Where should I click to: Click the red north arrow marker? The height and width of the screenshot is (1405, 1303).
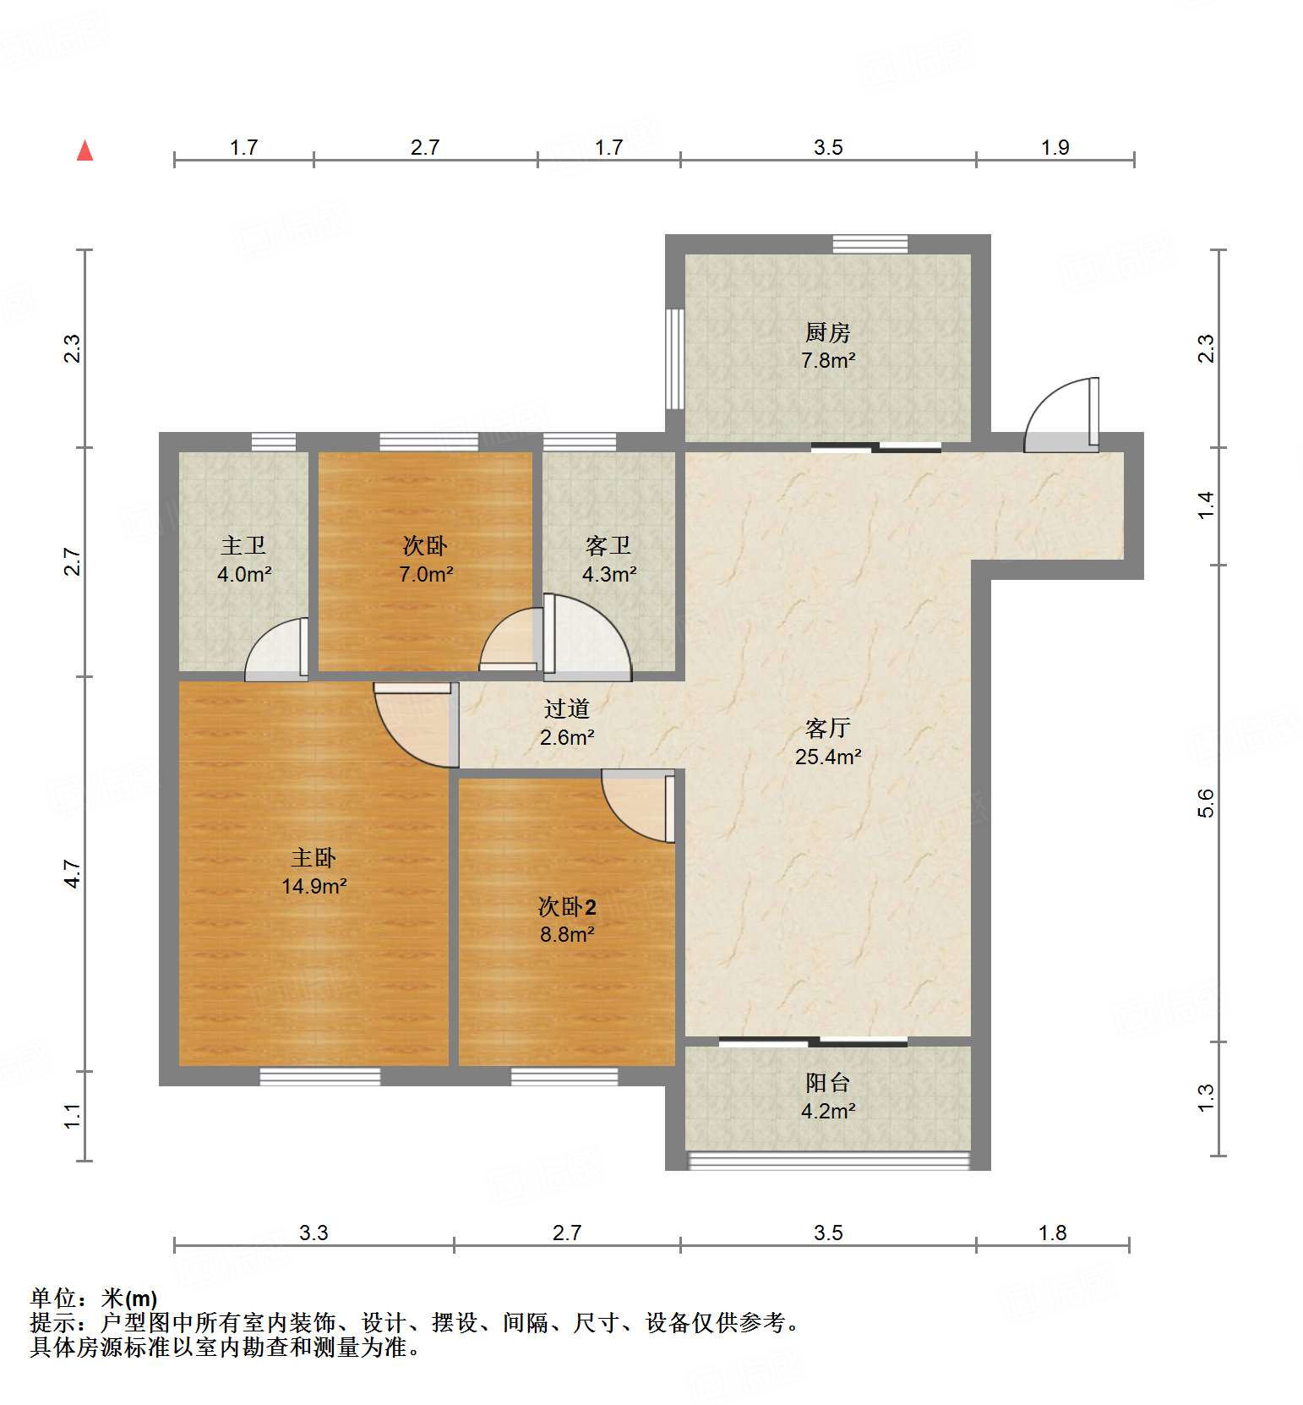pos(85,151)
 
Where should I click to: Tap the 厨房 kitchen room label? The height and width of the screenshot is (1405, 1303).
pos(827,332)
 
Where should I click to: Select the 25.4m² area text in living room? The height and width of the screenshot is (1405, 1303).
pos(827,757)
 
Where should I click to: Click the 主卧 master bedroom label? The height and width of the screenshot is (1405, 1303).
pos(313,858)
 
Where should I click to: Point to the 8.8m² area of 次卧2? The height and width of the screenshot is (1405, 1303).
pos(567,934)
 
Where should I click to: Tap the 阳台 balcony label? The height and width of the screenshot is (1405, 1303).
pos(827,1083)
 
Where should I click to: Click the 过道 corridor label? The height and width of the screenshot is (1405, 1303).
pos(566,709)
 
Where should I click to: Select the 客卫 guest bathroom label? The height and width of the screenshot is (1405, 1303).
pos(608,546)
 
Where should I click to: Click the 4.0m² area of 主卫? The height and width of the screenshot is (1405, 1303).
pos(244,575)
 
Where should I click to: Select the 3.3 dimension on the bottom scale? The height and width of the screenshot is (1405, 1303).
pos(313,1233)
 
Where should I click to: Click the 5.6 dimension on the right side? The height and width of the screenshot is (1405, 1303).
pos(1206,802)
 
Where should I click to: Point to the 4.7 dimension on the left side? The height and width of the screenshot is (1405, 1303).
pos(73,873)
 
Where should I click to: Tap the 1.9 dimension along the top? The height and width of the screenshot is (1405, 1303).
pos(1055,148)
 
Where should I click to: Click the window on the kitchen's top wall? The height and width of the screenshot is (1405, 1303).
pos(870,244)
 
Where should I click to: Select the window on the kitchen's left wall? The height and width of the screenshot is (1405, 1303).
pos(674,358)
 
